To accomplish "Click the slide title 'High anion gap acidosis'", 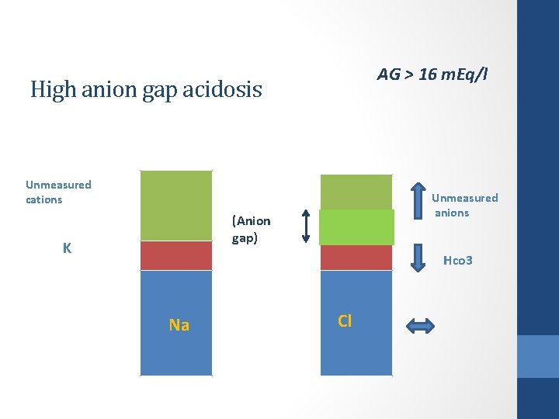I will coord(146,90).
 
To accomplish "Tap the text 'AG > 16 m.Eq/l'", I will coord(432,74).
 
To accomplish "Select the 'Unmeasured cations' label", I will coord(58,192).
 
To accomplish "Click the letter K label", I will coord(68,248).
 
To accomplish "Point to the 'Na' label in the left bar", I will coord(179,325).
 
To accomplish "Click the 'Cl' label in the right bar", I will coord(345,320).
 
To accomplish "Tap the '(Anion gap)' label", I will coord(251,229).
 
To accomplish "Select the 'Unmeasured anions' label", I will coord(464,205).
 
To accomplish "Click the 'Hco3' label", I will coord(457,261).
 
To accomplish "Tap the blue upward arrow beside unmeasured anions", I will coord(418,199).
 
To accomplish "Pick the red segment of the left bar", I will coord(175,255).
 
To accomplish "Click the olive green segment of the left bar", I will coord(175,206).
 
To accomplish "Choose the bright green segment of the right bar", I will coord(356,227).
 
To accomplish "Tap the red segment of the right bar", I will coord(356,257).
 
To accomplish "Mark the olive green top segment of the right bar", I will coord(356,192).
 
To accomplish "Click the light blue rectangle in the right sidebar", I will coord(538,356).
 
